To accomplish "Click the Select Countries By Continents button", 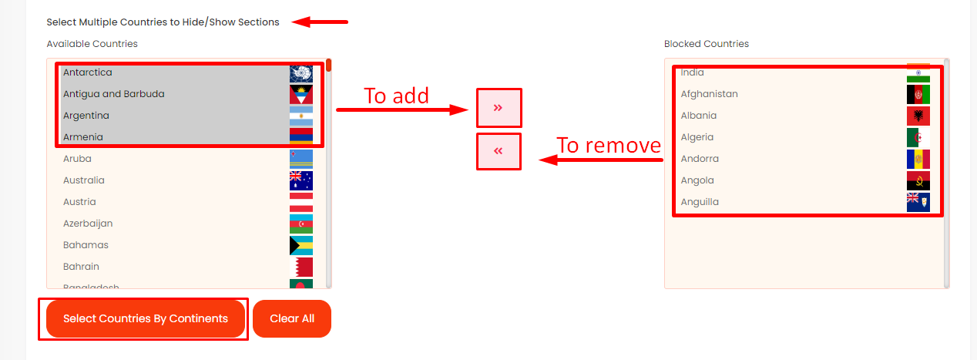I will click(x=146, y=318).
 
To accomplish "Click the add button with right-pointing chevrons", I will click(x=499, y=108).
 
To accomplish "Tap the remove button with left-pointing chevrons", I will click(x=499, y=151).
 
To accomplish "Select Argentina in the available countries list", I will click(x=86, y=116).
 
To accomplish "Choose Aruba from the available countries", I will click(x=77, y=159).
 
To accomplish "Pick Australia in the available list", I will click(x=84, y=180).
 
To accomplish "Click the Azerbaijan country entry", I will click(x=88, y=224).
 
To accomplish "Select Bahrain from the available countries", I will click(x=81, y=267).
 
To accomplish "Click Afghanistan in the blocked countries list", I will click(x=709, y=94).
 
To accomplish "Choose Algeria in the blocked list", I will click(x=697, y=137).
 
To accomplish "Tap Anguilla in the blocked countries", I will click(x=700, y=202).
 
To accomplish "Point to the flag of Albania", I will click(x=918, y=116).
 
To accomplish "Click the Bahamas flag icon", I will click(x=300, y=245).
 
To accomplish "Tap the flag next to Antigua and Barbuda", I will click(x=300, y=94).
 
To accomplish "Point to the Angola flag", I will click(x=918, y=180).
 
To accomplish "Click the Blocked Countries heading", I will click(x=707, y=44).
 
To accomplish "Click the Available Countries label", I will click(x=92, y=44).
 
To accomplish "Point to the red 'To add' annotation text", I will click(x=396, y=96).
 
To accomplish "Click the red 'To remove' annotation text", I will click(x=609, y=145).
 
